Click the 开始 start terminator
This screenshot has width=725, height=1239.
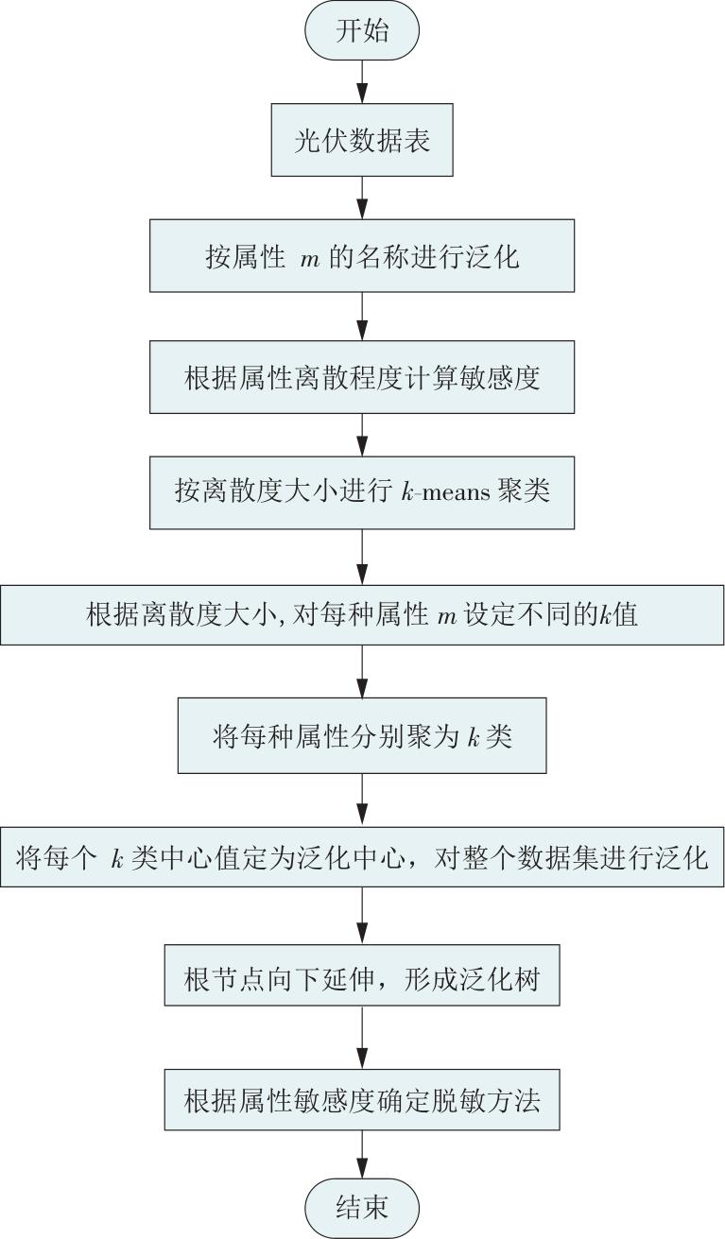click(x=362, y=31)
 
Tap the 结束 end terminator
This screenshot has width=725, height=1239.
click(x=362, y=1207)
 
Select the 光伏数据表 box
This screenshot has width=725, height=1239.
click(x=362, y=140)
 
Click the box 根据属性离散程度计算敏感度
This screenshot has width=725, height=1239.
click(x=362, y=377)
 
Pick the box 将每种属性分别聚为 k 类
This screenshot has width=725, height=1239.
click(x=362, y=735)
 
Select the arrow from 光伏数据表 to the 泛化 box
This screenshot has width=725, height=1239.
click(x=362, y=198)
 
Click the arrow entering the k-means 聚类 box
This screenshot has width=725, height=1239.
click(x=362, y=436)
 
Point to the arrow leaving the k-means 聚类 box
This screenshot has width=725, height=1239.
click(x=362, y=557)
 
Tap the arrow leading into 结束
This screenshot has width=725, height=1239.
click(x=362, y=1154)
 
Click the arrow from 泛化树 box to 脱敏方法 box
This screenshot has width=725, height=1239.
click(x=362, y=1038)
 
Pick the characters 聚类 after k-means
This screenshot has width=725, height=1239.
click(x=523, y=490)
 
